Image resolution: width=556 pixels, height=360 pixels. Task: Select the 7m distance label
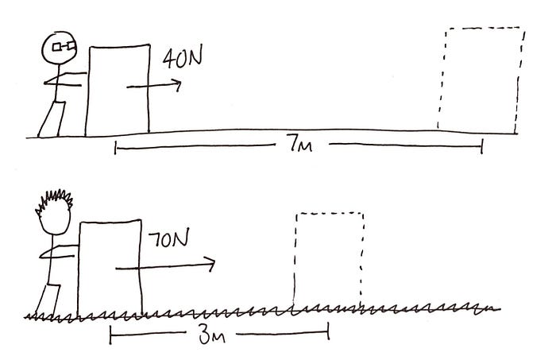coord(299,144)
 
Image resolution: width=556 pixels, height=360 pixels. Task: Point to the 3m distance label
coord(208,335)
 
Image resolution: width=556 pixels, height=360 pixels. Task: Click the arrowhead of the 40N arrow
coord(177,84)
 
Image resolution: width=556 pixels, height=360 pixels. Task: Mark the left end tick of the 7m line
coord(115,147)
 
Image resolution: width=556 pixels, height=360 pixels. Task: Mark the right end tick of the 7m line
coord(481,146)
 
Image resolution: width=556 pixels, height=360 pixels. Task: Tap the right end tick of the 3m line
coord(327,335)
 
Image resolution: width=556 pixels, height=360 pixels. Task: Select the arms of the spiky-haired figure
coord(60,256)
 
